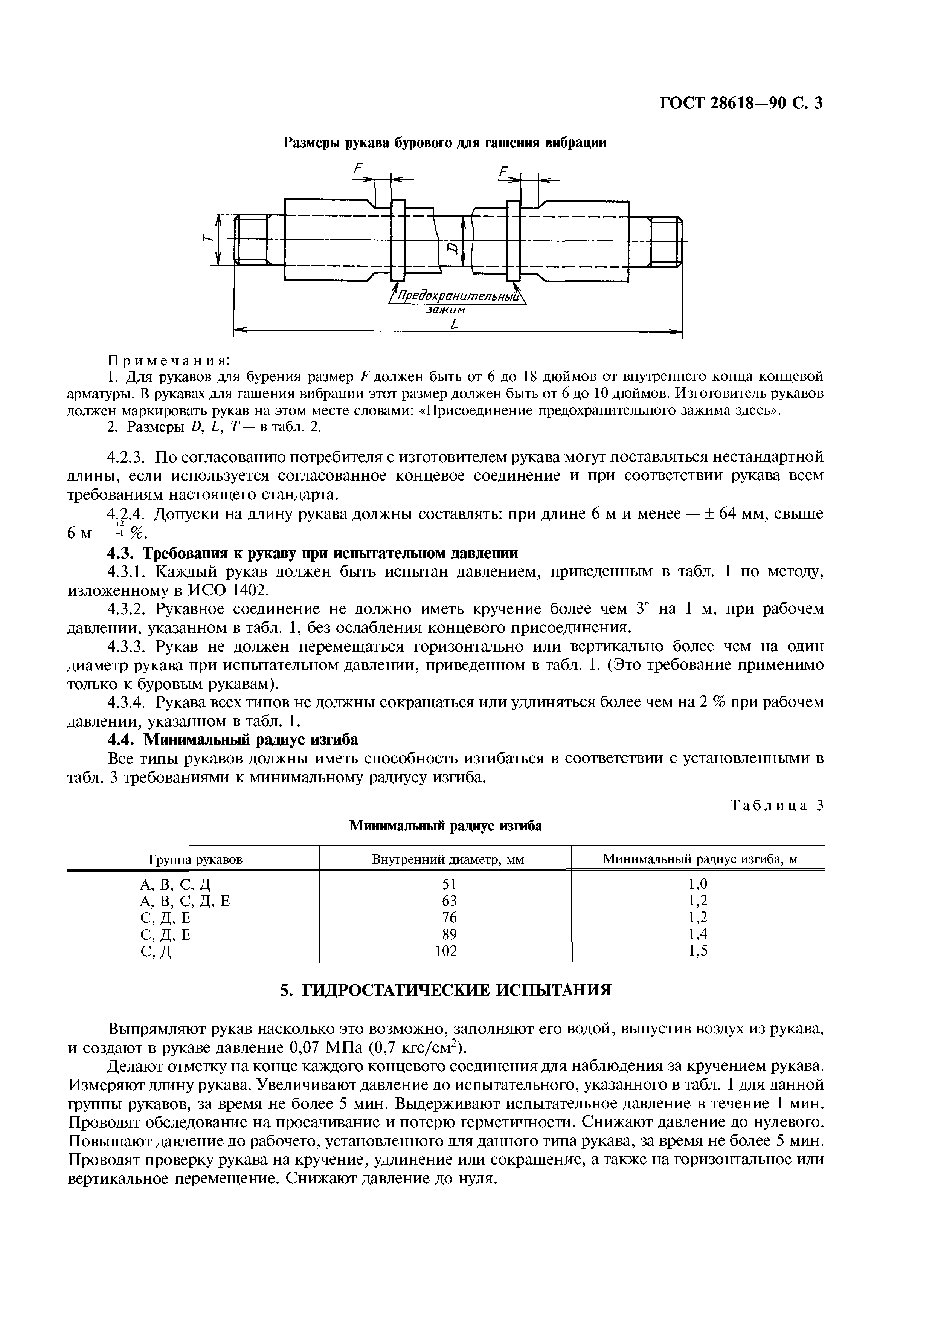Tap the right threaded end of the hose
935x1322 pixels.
(x=664, y=241)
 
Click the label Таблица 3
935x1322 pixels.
(x=777, y=806)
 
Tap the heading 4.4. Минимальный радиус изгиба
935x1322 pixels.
(x=233, y=739)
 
